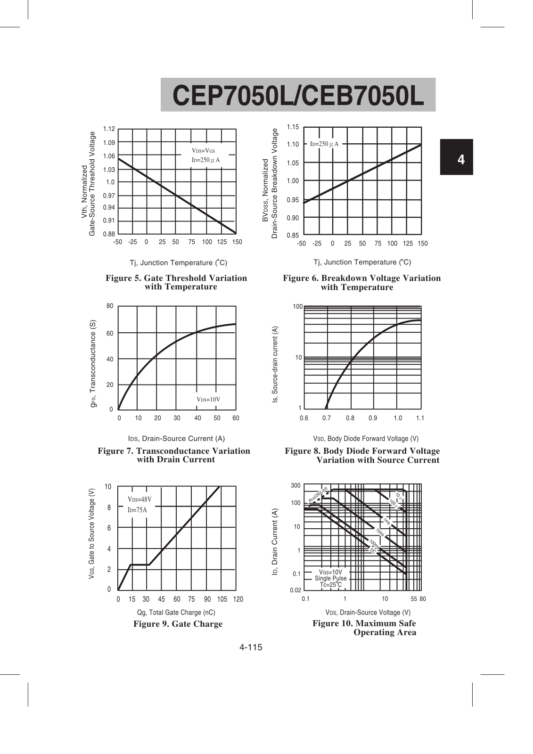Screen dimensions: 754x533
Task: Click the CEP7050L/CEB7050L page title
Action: tap(298, 96)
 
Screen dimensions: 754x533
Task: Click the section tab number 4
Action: tap(460, 159)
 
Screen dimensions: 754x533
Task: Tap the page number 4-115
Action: tap(250, 647)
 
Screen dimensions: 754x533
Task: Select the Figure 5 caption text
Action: tap(176, 282)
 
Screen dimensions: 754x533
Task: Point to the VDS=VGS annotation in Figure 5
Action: tap(203, 151)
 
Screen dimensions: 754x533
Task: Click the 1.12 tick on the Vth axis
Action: tap(109, 129)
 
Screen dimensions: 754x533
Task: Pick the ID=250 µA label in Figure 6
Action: tap(324, 144)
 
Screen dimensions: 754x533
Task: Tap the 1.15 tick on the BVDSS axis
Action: tap(293, 127)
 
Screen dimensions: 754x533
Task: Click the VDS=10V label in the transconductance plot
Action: tap(208, 400)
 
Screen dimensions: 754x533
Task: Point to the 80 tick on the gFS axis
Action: tap(110, 306)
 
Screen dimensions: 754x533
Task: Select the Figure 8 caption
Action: tap(362, 455)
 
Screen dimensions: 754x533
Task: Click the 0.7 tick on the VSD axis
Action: tap(327, 418)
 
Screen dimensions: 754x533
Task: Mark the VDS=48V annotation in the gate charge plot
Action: tap(139, 500)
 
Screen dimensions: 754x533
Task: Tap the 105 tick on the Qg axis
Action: tap(222, 599)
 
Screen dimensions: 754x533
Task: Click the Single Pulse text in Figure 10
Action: tap(330, 578)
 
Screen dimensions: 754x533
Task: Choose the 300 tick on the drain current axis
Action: tap(295, 486)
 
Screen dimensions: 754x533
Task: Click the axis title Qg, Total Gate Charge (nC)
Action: tap(176, 612)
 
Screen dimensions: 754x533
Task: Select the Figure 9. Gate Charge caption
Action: tap(178, 624)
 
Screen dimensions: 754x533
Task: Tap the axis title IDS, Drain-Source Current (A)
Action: tap(176, 438)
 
